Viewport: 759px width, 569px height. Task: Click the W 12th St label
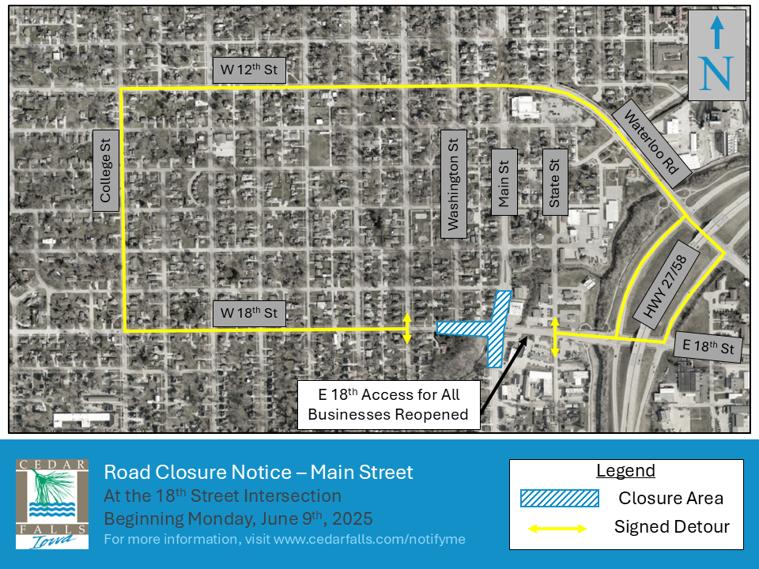(x=249, y=70)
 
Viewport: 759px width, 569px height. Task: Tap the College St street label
(x=105, y=166)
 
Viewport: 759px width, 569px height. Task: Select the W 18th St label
(x=249, y=313)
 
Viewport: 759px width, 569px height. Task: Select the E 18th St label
(x=709, y=347)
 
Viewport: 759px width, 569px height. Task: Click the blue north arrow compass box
(x=716, y=55)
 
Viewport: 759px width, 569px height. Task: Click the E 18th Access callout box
(x=388, y=405)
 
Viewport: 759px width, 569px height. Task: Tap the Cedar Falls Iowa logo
(x=52, y=503)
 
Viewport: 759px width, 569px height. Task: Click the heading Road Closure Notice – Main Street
(x=259, y=473)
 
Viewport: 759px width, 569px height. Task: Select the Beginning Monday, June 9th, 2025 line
(x=238, y=519)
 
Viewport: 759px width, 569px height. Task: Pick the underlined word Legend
(x=625, y=471)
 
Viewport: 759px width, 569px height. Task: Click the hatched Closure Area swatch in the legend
(x=558, y=498)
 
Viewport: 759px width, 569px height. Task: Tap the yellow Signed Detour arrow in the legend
(x=558, y=527)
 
